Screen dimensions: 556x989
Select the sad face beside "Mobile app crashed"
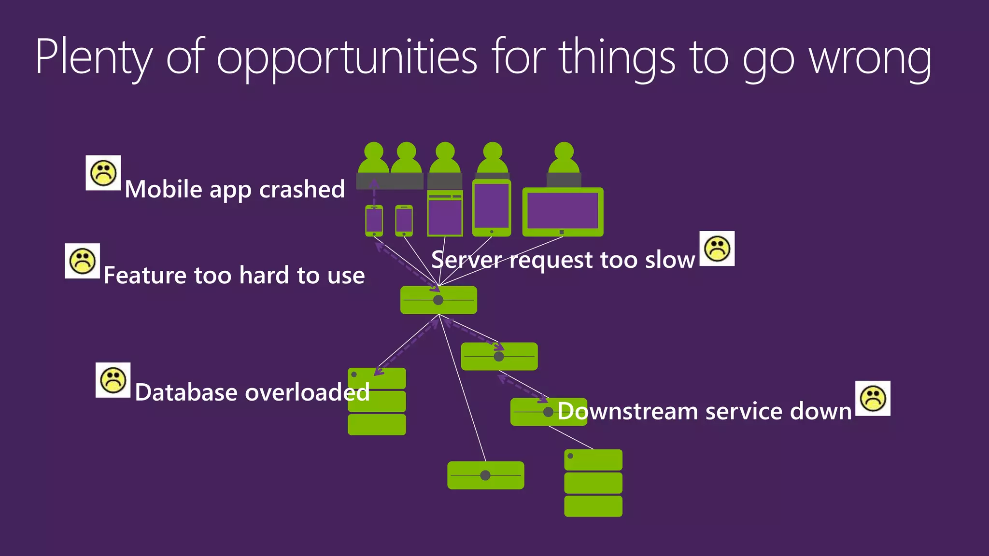pos(103,173)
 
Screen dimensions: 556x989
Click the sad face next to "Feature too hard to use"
pos(83,261)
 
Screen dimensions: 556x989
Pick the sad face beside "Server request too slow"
pos(717,249)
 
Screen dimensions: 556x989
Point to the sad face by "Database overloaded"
pos(113,380)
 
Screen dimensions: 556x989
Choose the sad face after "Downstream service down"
pos(873,399)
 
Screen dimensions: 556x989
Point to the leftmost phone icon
pos(374,221)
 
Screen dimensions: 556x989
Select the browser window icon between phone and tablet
pos(445,213)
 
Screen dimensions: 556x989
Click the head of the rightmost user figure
pos(564,151)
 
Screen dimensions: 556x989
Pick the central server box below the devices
pos(438,300)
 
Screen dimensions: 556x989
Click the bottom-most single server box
pos(485,475)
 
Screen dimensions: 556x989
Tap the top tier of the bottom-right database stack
pos(593,459)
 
